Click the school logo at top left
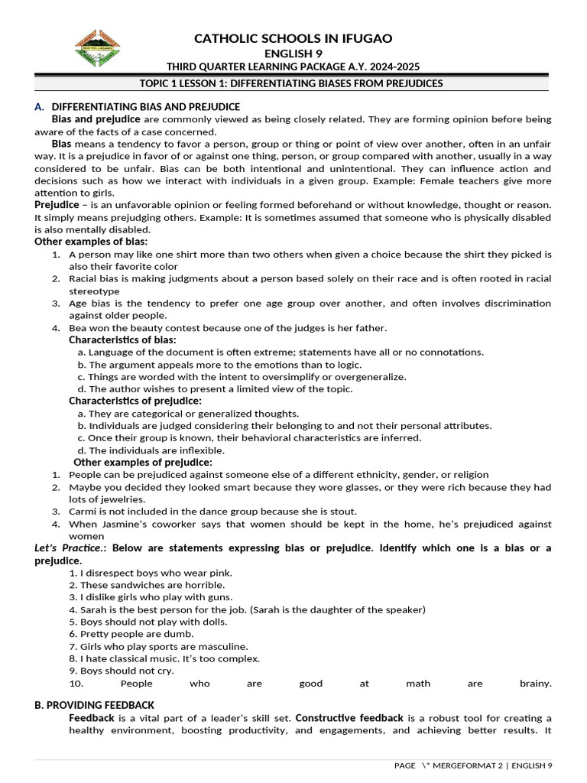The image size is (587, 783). click(97, 48)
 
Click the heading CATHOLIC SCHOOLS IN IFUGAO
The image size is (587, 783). click(293, 38)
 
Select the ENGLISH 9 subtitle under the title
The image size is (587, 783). click(293, 53)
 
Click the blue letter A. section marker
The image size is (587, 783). click(39, 107)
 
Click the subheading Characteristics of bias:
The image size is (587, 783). click(122, 340)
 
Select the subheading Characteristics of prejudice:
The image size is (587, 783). click(135, 401)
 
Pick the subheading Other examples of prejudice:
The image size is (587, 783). click(143, 462)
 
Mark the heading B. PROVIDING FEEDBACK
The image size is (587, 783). click(94, 705)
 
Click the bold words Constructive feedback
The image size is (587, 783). click(349, 718)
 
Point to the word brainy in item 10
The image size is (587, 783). click(535, 684)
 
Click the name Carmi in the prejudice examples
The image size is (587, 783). click(83, 512)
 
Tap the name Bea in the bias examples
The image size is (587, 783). click(78, 328)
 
